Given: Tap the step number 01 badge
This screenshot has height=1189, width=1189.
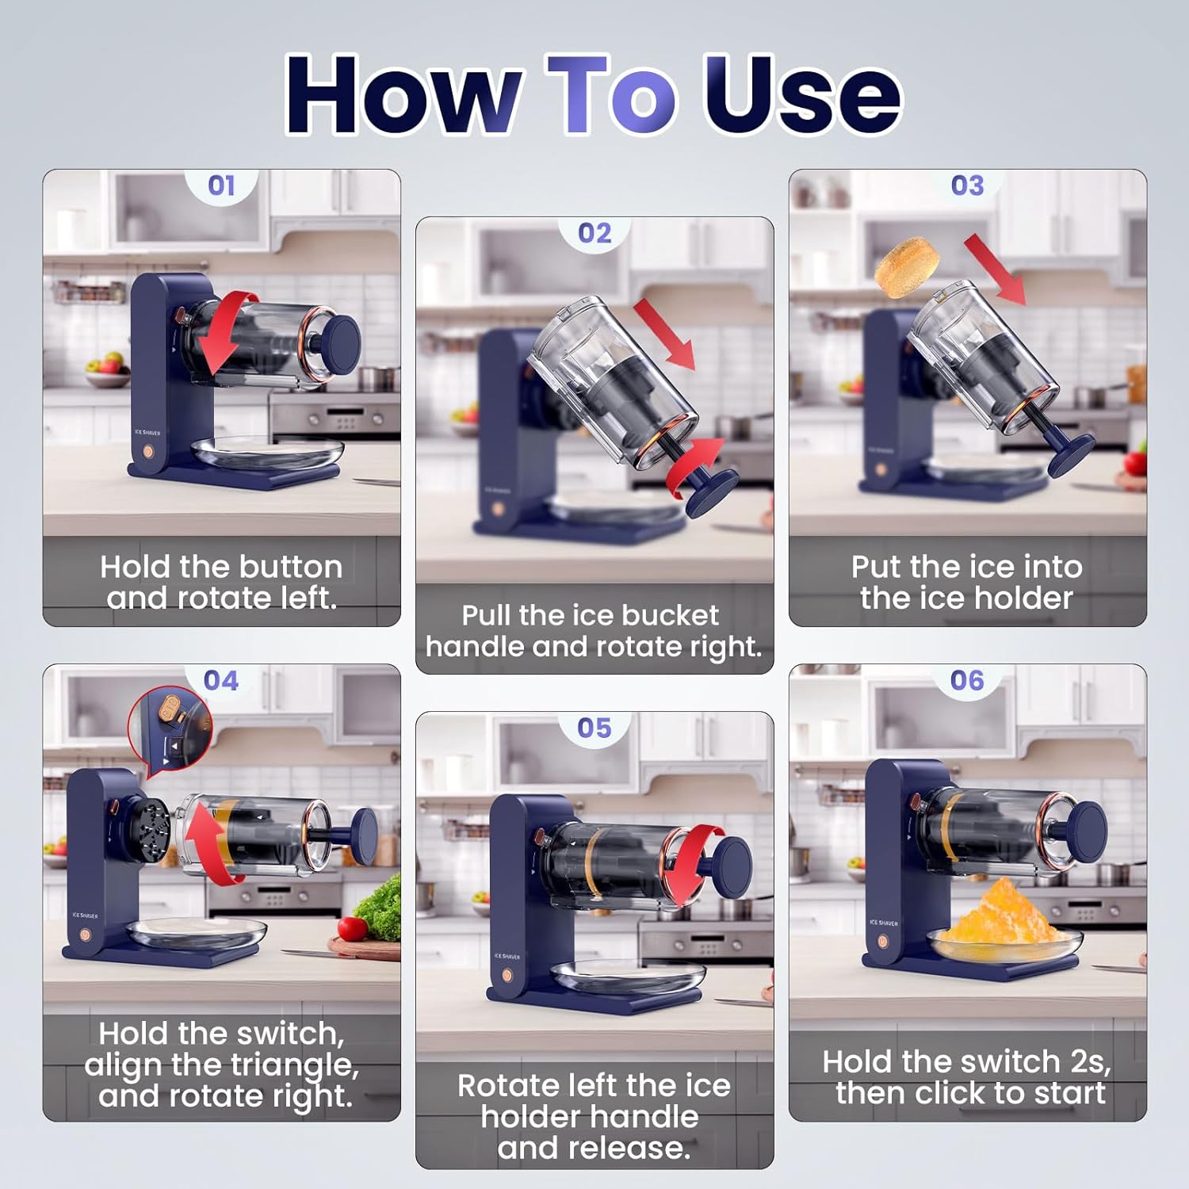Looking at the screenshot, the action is click(x=221, y=185).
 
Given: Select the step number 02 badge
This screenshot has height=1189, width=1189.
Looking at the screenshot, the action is click(x=594, y=233).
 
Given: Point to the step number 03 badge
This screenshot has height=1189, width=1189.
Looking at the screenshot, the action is click(x=967, y=185).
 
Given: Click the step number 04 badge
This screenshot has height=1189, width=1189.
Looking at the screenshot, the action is click(x=221, y=680).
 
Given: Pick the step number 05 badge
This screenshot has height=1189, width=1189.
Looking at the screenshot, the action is click(x=594, y=728).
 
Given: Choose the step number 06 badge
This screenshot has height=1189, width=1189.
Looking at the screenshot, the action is click(x=967, y=680).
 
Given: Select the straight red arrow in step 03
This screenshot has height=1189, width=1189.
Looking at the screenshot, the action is click(x=996, y=270).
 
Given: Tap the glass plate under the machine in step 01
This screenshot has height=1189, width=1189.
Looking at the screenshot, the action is click(x=268, y=454).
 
